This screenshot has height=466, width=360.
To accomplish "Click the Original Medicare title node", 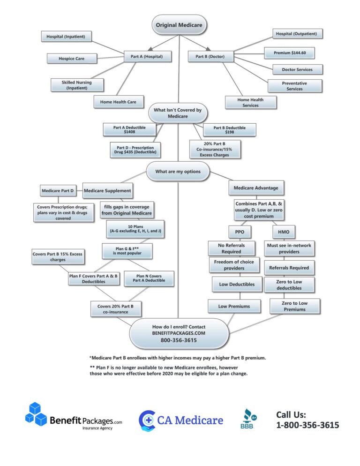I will coord(180,24).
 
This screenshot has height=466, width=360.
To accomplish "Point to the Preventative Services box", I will coord(294,86).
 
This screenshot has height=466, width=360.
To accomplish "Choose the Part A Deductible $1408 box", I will coord(129,129).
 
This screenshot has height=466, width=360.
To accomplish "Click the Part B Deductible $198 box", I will coord(230,130).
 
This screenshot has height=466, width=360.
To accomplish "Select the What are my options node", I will coord(178,172).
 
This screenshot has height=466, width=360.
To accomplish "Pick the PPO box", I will coord(240,232).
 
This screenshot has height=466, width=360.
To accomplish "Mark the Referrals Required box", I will coord(289,268).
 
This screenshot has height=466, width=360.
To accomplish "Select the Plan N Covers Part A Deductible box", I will coord(149,278).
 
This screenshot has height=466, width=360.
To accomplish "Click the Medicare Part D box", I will coord(58,191).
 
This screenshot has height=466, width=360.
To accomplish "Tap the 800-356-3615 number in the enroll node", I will coord(179,340).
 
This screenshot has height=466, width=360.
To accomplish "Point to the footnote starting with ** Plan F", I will coord(169,370).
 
